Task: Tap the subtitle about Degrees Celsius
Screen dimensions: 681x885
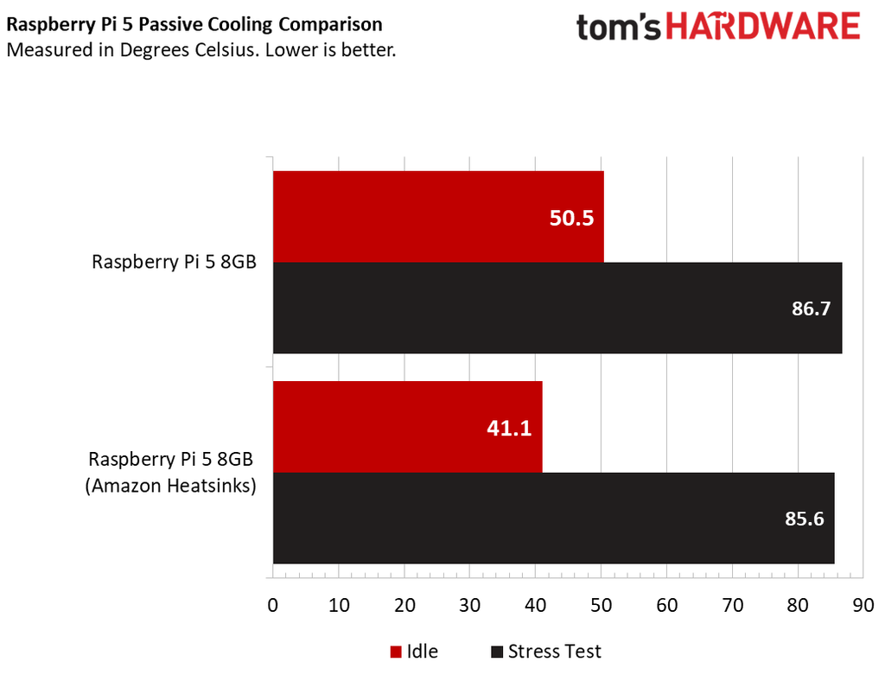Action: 201,50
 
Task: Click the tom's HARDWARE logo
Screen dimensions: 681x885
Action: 718,27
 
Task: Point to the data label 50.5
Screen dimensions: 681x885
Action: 571,218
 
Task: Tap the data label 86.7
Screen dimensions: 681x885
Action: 811,309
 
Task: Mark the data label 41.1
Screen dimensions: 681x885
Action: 510,428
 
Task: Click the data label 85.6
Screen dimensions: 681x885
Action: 805,519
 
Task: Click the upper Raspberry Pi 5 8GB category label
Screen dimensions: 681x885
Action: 174,263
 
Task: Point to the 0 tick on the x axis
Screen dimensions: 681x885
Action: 273,605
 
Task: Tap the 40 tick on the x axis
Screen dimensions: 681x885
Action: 536,605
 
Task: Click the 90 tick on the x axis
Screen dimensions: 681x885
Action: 863,605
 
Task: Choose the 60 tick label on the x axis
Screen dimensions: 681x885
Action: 667,605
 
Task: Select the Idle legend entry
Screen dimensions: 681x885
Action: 414,652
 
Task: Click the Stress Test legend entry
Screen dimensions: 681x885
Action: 545,652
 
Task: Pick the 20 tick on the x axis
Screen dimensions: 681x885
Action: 404,605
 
